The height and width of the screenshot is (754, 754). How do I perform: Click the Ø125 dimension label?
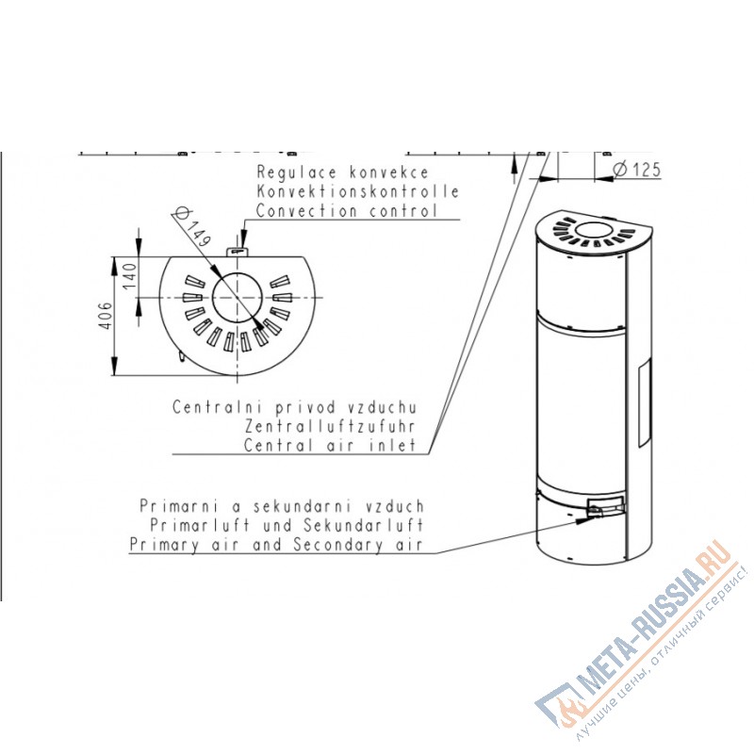click(x=637, y=170)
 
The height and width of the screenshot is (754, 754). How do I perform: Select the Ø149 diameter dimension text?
click(x=192, y=226)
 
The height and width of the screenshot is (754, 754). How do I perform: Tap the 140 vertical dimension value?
click(x=130, y=275)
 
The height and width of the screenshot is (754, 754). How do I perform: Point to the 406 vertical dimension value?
click(x=106, y=316)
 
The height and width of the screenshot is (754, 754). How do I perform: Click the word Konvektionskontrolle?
click(x=357, y=191)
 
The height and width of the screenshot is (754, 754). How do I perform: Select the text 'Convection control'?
click(x=347, y=210)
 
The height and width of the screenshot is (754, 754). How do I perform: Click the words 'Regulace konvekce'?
click(x=342, y=172)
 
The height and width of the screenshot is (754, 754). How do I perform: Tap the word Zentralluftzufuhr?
click(x=330, y=426)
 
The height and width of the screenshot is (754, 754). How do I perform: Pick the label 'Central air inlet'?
click(x=330, y=445)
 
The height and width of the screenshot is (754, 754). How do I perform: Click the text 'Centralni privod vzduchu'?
click(x=294, y=407)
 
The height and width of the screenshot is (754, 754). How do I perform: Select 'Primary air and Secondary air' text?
click(x=276, y=545)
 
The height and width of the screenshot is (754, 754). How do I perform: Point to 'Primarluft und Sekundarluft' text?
click(x=287, y=525)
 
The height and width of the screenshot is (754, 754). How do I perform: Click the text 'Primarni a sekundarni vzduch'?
click(x=282, y=506)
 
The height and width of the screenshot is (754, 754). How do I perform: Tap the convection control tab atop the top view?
click(x=238, y=252)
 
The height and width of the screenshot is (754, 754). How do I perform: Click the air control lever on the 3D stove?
click(x=597, y=511)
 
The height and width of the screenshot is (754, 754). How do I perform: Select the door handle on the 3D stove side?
click(x=645, y=402)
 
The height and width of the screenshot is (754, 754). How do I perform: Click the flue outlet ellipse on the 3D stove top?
click(x=595, y=230)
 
